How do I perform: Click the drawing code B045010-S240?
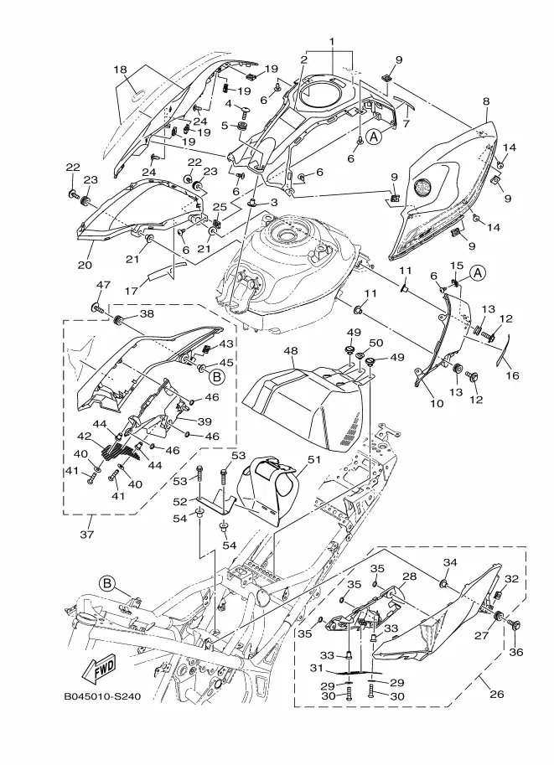[x=102, y=696]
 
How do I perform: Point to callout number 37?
[x=87, y=535]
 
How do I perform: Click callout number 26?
[x=496, y=694]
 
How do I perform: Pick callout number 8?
[x=486, y=101]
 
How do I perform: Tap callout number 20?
[x=85, y=266]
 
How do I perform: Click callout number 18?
[x=121, y=70]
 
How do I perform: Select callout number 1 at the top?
[x=331, y=42]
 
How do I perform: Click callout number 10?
[x=437, y=403]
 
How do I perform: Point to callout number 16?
[x=512, y=375]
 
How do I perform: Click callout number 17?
[x=131, y=291]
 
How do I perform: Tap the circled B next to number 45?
[x=217, y=377]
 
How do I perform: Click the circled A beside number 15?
[x=478, y=273]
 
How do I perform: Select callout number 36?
[x=515, y=652]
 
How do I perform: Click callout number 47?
[x=103, y=285]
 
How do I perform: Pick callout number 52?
[x=180, y=503]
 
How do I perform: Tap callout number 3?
[x=273, y=202]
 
